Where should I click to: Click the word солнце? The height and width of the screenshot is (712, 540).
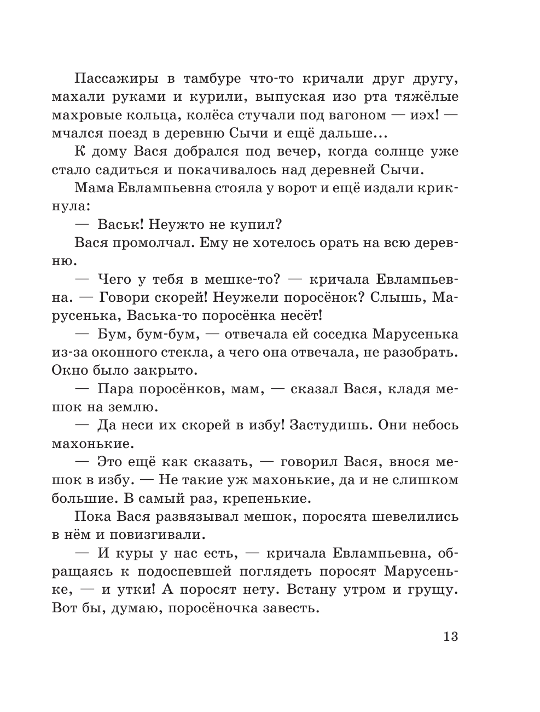(388, 152)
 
